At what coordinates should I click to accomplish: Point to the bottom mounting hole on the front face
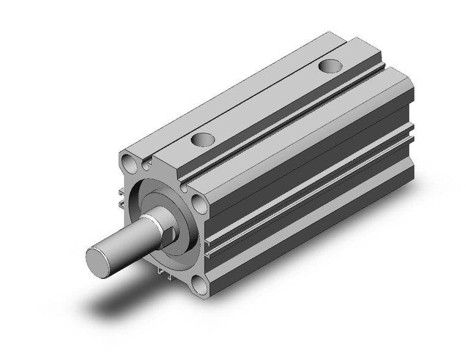coord(199,283)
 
